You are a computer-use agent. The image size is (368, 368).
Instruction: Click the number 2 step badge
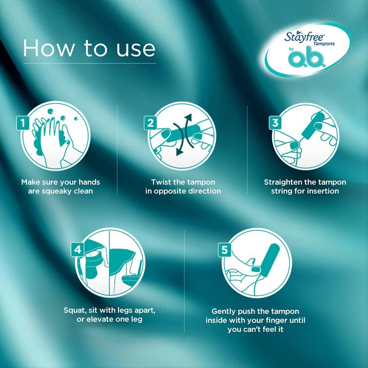[150, 123]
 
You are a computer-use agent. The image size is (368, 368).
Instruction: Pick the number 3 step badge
[275, 123]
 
